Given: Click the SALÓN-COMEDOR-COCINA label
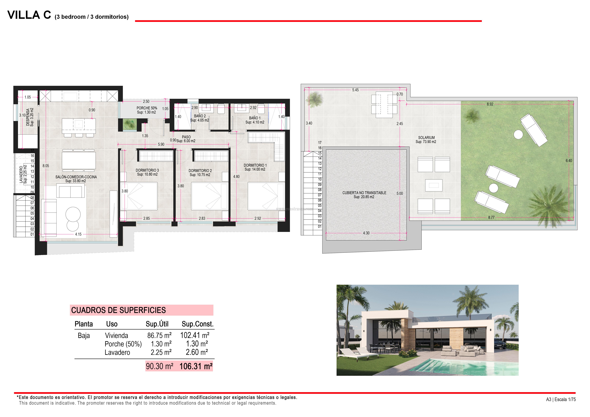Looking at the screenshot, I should coord(76,177).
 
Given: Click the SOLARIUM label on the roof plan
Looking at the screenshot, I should coord(426,138).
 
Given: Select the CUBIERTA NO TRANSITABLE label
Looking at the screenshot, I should coord(364,193).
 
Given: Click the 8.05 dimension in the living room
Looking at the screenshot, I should coord(46,166).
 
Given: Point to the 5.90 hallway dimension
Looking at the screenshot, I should coord(161,144).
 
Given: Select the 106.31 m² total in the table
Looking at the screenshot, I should coord(196,366).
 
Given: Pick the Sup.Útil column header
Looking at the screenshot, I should coord(157,324).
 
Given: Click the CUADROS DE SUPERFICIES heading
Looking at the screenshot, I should coord(118,310).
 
